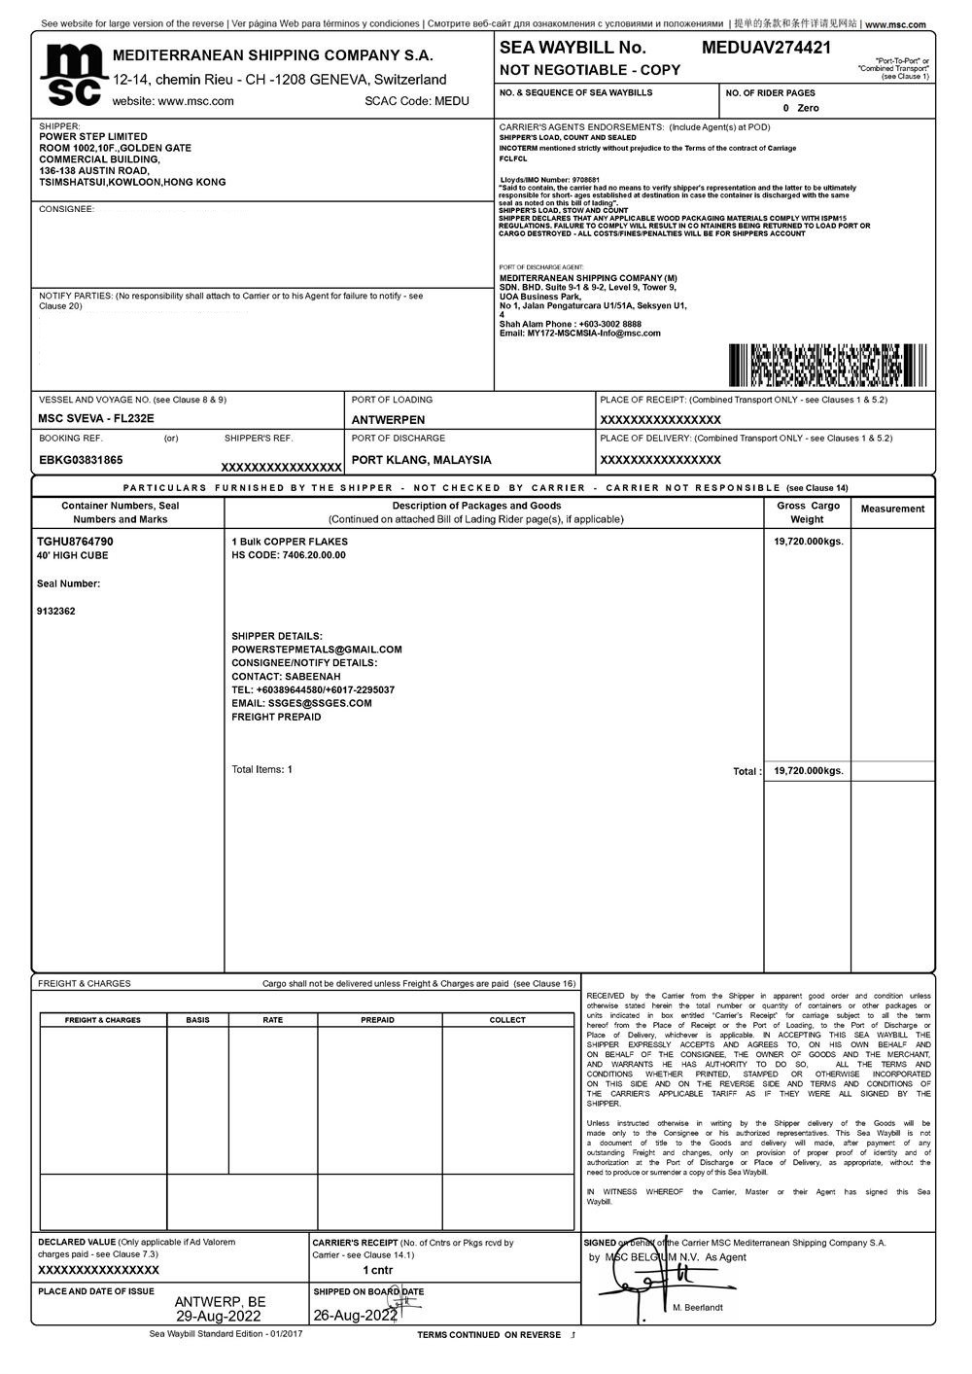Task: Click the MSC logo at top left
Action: tap(72, 75)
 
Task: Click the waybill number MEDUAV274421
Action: tap(766, 47)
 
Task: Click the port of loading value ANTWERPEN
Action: tap(389, 420)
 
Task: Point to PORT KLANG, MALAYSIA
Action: tap(421, 460)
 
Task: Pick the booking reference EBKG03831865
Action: tap(81, 460)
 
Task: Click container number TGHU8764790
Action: tap(75, 542)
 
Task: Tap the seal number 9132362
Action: tap(55, 612)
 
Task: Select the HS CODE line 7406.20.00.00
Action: tap(288, 555)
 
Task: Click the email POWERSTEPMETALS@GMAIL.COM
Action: tap(317, 650)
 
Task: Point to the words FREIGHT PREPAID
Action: tap(276, 717)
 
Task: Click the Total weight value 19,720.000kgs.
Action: tap(809, 771)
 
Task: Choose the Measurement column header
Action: tap(892, 509)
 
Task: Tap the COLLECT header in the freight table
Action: tap(507, 1020)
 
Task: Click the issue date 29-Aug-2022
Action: tap(220, 1316)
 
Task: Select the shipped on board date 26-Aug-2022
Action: tap(356, 1316)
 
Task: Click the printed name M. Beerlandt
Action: tap(698, 1308)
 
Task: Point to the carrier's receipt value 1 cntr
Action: tap(377, 1270)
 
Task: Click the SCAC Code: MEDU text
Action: tap(417, 101)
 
